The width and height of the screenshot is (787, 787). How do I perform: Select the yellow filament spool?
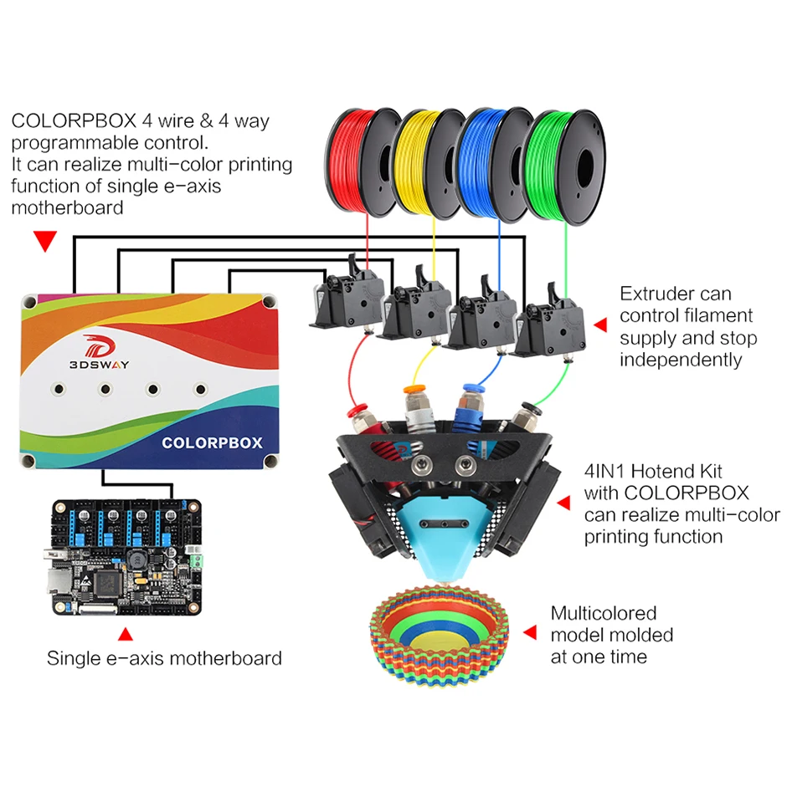tap(428, 163)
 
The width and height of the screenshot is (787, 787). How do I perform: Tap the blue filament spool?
tap(495, 164)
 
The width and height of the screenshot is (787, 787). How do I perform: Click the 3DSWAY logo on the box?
tap(99, 352)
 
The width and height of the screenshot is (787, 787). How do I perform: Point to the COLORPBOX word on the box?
tap(212, 442)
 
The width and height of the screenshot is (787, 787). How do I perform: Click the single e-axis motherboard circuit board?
tap(127, 557)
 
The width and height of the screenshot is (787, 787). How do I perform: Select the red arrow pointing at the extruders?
tap(600, 325)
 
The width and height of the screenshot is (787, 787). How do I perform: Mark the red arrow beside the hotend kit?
tap(563, 503)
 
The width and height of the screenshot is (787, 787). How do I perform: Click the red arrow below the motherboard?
tap(125, 635)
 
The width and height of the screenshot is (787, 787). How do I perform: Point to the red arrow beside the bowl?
tap(530, 632)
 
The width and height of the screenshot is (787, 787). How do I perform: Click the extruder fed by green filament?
tap(551, 321)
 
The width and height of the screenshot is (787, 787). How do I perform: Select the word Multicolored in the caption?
tap(604, 613)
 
